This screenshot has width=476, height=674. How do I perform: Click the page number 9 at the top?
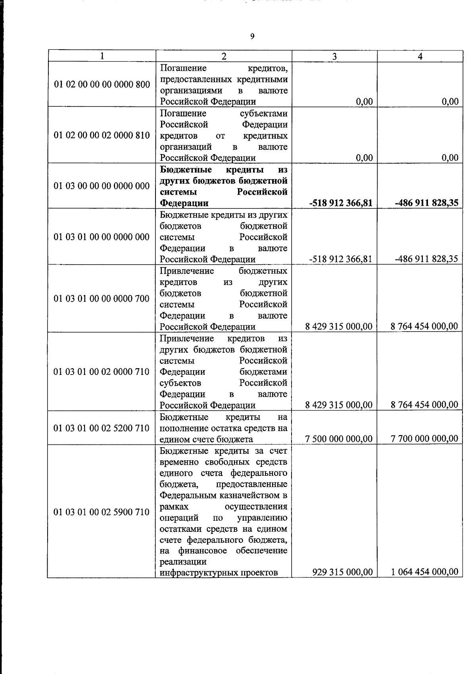(x=252, y=37)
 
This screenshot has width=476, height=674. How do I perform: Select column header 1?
(x=102, y=56)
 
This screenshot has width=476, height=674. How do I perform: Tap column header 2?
(x=224, y=56)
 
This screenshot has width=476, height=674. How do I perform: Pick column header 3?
(x=334, y=56)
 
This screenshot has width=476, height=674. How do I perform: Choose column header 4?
(x=420, y=56)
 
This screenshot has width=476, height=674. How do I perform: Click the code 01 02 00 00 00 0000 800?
(x=102, y=85)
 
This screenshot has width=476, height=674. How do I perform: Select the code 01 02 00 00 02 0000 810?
(x=102, y=135)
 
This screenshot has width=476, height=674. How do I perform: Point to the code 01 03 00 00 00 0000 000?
(x=102, y=186)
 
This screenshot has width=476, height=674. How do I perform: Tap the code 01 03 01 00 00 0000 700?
(x=102, y=299)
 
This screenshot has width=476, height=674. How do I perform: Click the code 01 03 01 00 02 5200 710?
(x=102, y=428)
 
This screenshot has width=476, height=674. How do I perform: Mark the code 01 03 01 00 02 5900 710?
(x=102, y=512)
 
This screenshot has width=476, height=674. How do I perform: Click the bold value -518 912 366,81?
(x=341, y=203)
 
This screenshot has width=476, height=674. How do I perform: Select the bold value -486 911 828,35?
(x=426, y=203)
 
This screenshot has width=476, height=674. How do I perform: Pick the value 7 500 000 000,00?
(x=339, y=439)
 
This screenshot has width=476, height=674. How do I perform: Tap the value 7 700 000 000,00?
(x=424, y=439)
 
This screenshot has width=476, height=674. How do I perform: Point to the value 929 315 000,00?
(x=343, y=572)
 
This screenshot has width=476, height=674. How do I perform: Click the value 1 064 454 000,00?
(x=424, y=572)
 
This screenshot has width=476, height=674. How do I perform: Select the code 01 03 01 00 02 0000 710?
(x=102, y=372)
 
